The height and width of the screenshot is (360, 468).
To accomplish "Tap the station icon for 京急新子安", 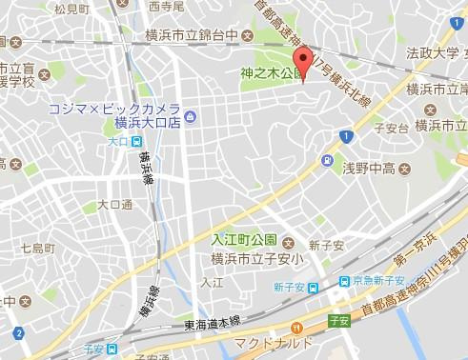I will (x=342, y=281).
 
